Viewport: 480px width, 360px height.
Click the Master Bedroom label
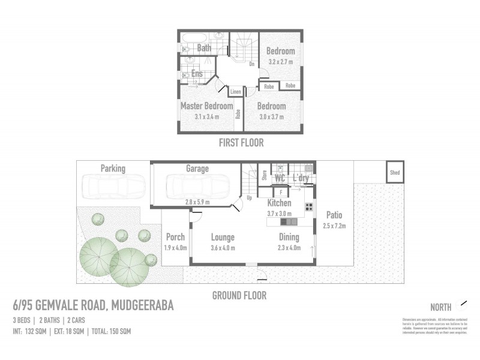206,106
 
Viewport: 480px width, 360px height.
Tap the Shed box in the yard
395,172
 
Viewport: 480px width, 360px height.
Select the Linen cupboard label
235,92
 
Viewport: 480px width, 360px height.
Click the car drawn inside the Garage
197,185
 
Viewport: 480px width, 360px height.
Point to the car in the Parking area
113,185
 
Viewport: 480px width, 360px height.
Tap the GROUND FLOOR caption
239,295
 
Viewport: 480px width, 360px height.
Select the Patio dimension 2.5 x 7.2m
334,225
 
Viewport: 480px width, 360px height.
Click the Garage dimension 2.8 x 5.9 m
197,202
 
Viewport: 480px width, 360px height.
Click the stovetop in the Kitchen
309,207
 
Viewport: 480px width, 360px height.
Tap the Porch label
175,237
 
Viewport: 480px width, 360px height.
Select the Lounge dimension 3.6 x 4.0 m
222,247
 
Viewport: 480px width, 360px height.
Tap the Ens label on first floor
196,74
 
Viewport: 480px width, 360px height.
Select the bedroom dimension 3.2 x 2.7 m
280,61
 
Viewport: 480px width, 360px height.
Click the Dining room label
289,237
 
